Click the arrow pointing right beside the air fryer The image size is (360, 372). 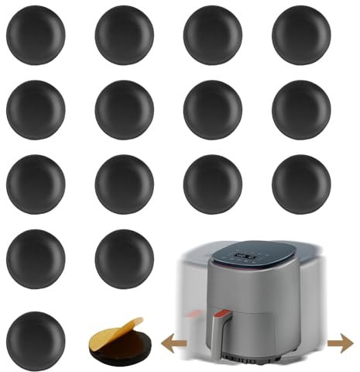pos(338,340)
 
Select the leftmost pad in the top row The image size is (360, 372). pos(36,35)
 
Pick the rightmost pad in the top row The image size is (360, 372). pos(301,35)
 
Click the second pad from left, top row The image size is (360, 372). pos(124,35)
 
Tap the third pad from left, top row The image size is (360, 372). pos(213,35)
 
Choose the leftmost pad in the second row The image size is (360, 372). pos(36,109)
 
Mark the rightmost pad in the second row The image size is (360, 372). pos(301,109)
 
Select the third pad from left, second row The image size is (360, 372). pos(213,109)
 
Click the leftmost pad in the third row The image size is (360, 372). pos(36,184)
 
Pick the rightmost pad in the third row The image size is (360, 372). pos(301,184)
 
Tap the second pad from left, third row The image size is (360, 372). pos(124,184)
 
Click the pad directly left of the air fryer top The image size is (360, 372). pos(124,258)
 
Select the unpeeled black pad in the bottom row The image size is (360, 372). pos(36,339)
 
